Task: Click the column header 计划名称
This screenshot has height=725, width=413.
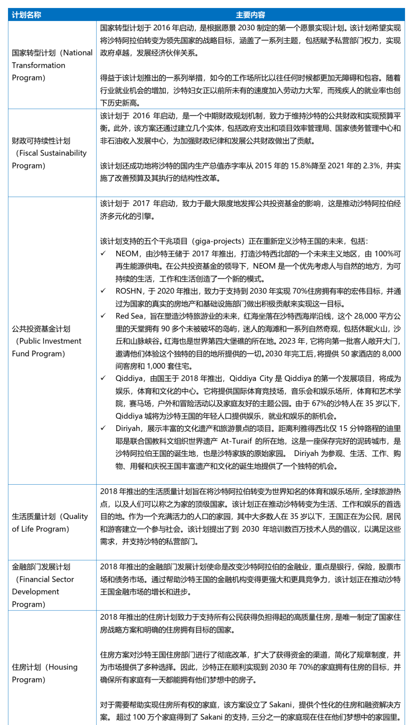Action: coord(26,15)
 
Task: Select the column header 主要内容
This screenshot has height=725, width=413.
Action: coord(250,15)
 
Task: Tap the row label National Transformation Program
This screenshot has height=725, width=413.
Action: coord(52,65)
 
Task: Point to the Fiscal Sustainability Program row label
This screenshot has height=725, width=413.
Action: coord(49,153)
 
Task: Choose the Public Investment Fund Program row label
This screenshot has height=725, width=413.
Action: coord(47,341)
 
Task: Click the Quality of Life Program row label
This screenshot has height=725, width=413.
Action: coord(50,523)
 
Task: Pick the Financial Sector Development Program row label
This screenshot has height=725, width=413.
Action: coord(43,585)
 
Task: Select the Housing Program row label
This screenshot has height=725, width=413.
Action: coord(45,673)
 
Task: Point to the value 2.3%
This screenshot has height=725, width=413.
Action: coord(371,166)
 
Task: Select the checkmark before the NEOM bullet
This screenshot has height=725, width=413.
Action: coord(103,253)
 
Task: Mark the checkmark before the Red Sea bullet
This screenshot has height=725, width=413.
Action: coord(103,316)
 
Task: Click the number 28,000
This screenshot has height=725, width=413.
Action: coord(365,316)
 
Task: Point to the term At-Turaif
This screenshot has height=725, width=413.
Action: coord(236,441)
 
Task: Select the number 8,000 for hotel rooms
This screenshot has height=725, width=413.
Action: coord(390,354)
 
